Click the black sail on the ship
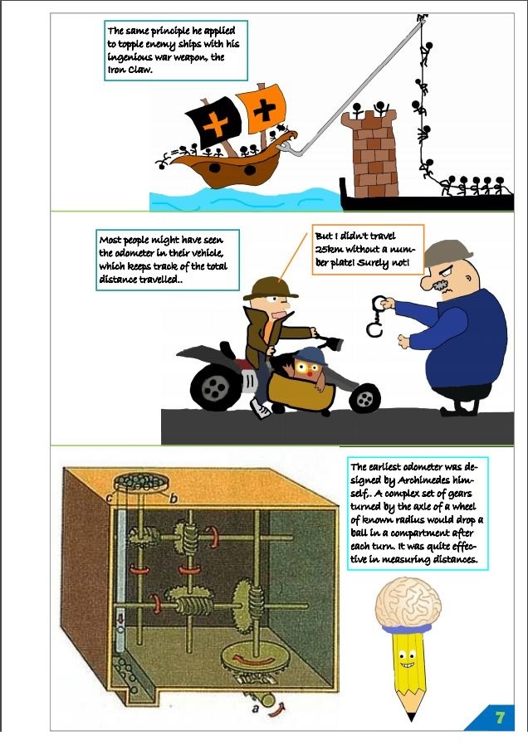tap(213, 122)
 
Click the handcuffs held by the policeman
tap(377, 316)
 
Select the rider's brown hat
tap(270, 289)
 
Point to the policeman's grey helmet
tap(447, 253)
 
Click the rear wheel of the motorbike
tap(216, 387)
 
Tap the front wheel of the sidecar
tap(364, 398)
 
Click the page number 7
tap(499, 718)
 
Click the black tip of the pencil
tap(411, 717)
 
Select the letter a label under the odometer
tap(255, 709)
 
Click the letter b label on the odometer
tap(174, 499)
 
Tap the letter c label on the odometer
tap(110, 499)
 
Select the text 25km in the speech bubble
tap(329, 249)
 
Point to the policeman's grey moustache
tap(442, 287)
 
